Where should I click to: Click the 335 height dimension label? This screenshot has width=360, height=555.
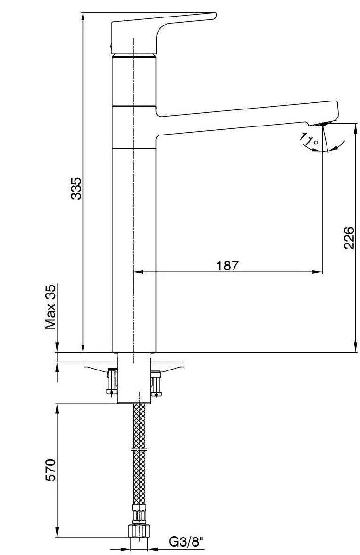click(x=76, y=188)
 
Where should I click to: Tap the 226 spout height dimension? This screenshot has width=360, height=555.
click(x=349, y=237)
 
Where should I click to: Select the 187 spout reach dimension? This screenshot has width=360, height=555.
click(x=227, y=265)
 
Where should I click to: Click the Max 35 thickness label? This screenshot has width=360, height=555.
click(x=50, y=307)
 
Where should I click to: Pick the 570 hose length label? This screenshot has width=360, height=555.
click(x=50, y=470)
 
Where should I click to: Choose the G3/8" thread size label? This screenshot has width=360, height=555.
click(x=186, y=542)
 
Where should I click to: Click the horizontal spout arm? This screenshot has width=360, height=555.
click(x=247, y=118)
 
